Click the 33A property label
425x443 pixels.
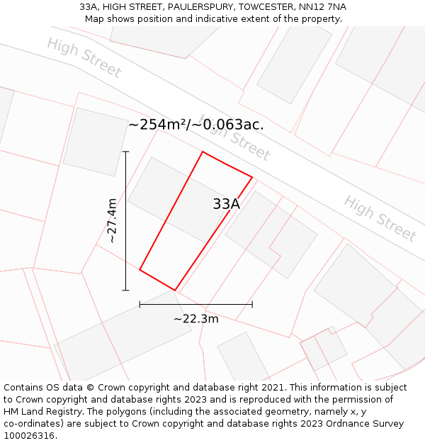226,204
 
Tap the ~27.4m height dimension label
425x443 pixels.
112,221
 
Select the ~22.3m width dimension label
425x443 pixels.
196,319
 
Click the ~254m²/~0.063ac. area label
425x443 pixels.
195,125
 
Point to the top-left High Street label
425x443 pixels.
84,57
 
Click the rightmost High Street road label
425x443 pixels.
380,218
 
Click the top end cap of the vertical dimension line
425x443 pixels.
126,152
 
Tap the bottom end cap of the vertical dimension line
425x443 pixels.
126,290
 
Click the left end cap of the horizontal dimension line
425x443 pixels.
140,304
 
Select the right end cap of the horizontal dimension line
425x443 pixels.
252,304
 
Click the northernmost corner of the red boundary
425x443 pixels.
203,152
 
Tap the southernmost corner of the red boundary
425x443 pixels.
175,290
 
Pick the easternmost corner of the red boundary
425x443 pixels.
252,176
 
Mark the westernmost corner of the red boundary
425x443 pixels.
140,269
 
